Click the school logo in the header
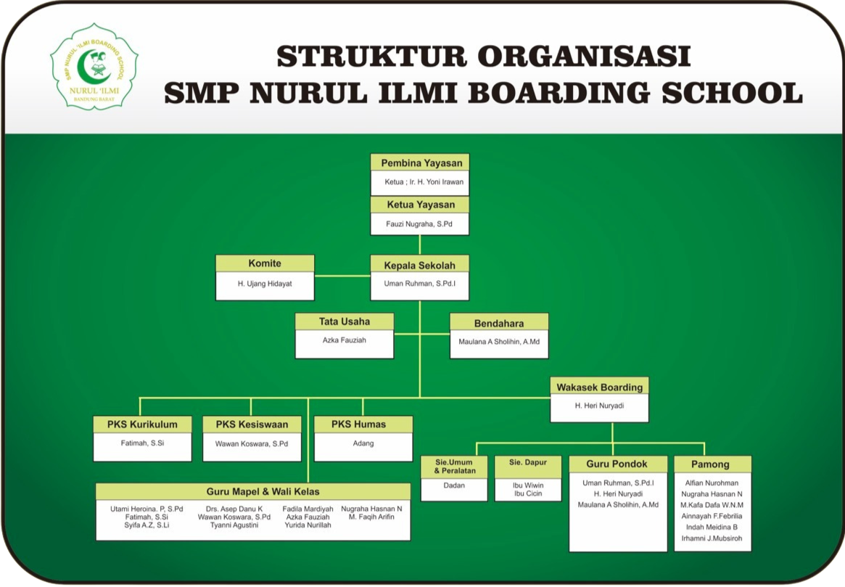point(94,66)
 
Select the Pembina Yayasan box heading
point(420,163)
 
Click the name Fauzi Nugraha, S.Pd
point(420,225)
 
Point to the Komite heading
point(265,263)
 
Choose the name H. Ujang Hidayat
point(265,284)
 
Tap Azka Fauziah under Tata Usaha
point(345,340)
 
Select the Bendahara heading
point(499,323)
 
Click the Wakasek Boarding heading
point(599,387)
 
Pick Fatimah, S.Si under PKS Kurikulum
point(142,443)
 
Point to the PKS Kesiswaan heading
point(252,424)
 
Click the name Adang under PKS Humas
point(363,443)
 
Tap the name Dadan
point(454,485)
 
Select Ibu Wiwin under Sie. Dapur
point(528,485)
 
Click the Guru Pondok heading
point(618,464)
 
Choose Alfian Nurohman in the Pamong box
point(712,483)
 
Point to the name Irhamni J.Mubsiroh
point(712,538)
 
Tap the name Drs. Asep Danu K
point(234,509)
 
